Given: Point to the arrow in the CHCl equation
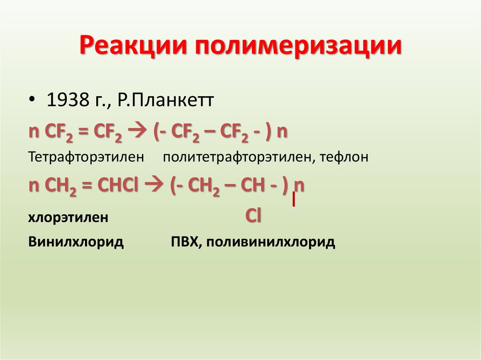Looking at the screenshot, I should (155, 186).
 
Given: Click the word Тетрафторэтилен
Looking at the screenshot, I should (85, 157).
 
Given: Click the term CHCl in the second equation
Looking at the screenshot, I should (117, 186).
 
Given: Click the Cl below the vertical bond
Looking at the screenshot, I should (253, 216).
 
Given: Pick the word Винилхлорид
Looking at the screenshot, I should (76, 242).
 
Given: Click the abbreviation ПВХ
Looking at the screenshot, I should (185, 242).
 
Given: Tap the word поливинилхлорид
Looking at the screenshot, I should (270, 242).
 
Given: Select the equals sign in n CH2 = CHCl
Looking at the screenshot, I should (86, 186).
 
